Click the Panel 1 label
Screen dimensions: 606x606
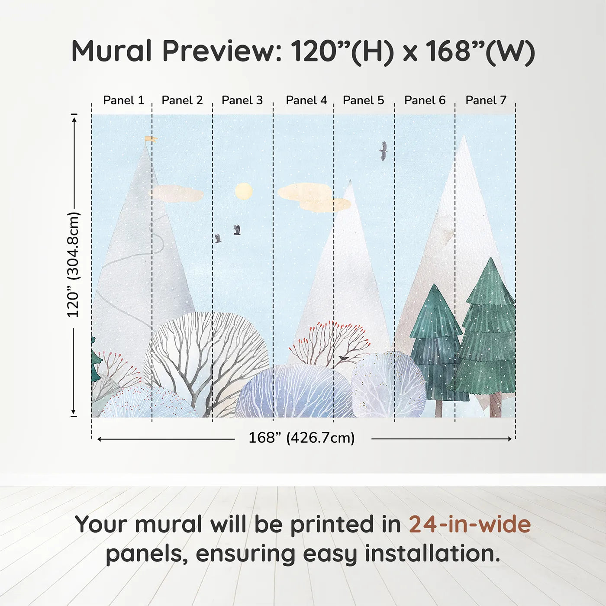(124, 100)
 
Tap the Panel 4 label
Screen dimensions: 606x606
(306, 100)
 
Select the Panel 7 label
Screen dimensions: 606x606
(486, 100)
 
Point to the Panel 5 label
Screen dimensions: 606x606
(364, 100)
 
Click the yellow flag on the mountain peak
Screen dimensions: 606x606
(151, 139)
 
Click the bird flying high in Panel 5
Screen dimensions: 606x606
(384, 151)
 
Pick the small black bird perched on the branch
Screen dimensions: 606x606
(342, 358)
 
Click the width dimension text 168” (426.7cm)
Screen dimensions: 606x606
(302, 438)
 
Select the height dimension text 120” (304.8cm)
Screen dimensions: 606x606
(74, 264)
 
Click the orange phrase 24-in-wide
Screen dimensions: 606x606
(470, 525)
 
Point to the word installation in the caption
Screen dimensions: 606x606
(432, 554)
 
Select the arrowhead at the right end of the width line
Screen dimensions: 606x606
(510, 439)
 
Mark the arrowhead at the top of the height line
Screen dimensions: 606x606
(74, 119)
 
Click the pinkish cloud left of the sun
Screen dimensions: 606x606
(177, 193)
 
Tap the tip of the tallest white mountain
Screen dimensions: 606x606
(464, 136)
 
